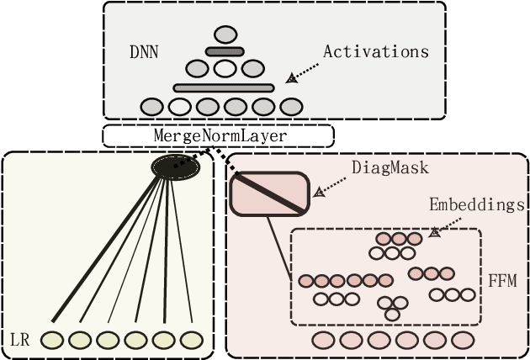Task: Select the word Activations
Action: (x=375, y=51)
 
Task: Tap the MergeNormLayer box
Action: (x=218, y=135)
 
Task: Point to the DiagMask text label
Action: (x=390, y=167)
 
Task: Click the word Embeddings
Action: (x=477, y=204)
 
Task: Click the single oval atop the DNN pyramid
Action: (x=225, y=34)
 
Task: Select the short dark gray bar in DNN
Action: (x=225, y=52)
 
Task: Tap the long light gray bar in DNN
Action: (x=224, y=87)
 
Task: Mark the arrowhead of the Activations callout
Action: (x=292, y=78)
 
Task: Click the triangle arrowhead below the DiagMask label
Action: (x=319, y=192)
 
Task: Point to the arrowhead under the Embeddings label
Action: (x=435, y=232)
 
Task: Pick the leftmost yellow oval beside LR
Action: (x=52, y=340)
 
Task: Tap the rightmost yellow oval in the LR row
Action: (x=192, y=340)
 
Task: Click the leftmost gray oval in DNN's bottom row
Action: (x=152, y=107)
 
